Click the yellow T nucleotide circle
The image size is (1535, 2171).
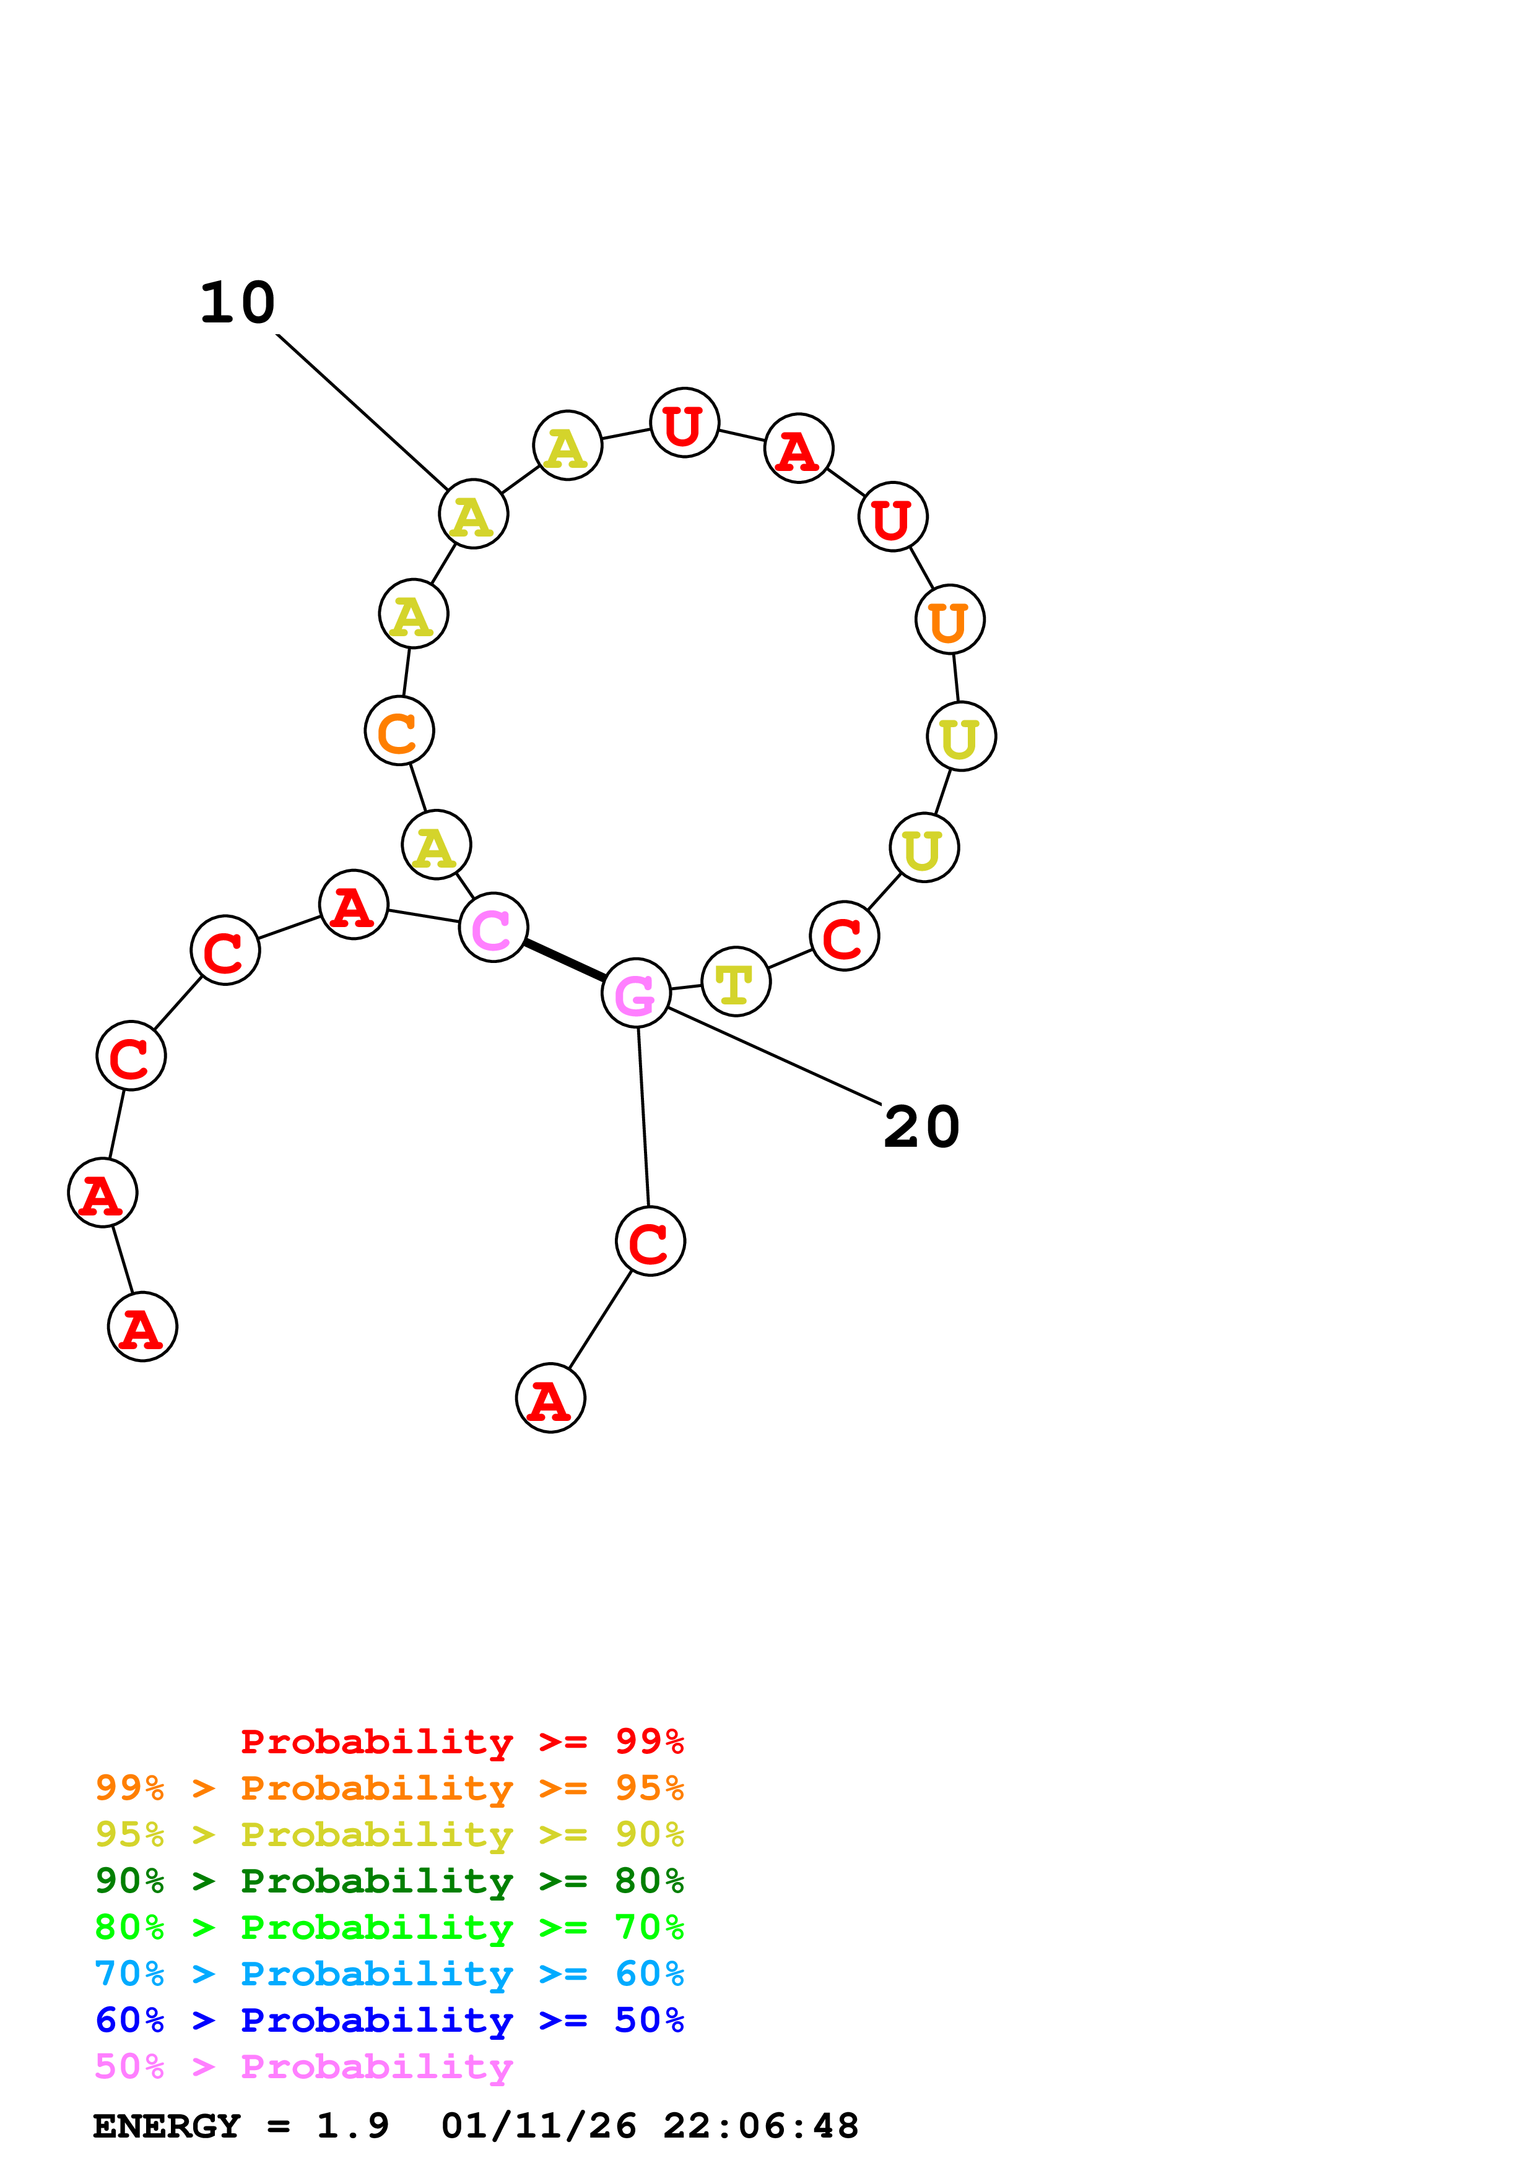pos(736,982)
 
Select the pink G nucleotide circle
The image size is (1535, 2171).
pos(635,993)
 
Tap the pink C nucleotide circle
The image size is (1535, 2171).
pos(493,926)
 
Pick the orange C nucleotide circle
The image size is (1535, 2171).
pos(399,731)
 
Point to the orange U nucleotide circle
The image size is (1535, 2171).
pos(950,619)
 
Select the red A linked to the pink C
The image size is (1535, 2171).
pos(354,905)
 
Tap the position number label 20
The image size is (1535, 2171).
pos(921,1127)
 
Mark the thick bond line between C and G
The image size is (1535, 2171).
pos(565,960)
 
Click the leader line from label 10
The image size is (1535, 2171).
pos(362,412)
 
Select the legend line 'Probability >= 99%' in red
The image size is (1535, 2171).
pos(461,1742)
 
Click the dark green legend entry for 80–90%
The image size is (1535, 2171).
pos(389,1881)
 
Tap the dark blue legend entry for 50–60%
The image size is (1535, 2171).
pos(389,2020)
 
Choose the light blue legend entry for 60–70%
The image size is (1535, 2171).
pos(389,1974)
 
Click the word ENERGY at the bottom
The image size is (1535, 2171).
pos(167,2126)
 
